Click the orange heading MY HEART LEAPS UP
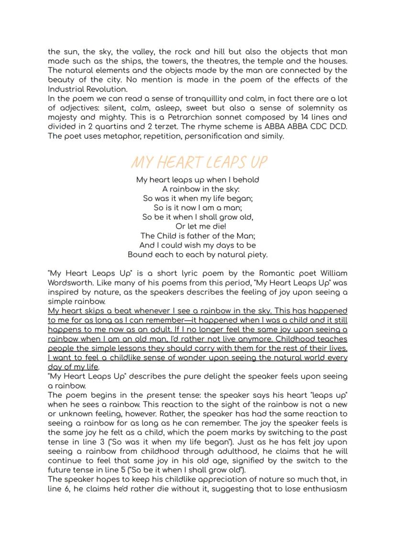pos(199,163)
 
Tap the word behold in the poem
pos(246,180)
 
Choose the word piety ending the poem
pos(257,254)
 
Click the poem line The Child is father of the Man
pos(198,236)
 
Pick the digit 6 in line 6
pos(66,489)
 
